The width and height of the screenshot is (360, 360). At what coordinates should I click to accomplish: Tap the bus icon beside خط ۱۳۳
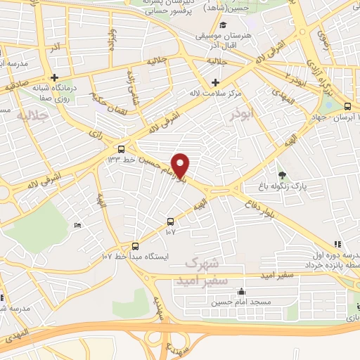121,149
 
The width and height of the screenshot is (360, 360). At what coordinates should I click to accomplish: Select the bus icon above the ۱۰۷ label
170,221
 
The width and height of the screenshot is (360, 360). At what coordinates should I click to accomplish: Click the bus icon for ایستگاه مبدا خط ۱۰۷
136,246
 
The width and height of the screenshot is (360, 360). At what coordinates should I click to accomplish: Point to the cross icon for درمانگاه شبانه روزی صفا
53,77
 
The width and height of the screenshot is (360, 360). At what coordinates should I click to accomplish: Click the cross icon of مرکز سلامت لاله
214,83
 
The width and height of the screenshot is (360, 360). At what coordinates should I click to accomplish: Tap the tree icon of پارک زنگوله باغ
283,175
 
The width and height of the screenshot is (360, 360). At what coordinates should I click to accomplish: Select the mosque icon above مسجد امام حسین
242,291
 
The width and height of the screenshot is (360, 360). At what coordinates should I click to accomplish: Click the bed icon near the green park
77,225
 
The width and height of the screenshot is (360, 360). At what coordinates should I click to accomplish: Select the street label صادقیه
16,86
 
